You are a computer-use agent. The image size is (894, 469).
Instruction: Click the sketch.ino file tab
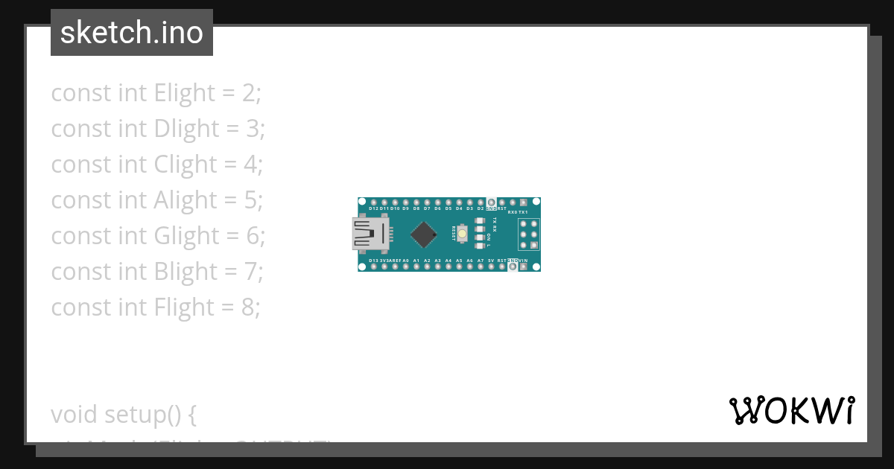tap(132, 33)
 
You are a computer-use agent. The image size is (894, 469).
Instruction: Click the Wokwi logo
tap(792, 410)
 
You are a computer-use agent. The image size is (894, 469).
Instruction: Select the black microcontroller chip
tap(424, 234)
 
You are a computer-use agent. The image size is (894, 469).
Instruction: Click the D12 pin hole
tap(373, 202)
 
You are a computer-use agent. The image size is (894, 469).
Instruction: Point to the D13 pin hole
tap(373, 267)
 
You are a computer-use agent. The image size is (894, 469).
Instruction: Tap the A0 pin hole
tap(405, 267)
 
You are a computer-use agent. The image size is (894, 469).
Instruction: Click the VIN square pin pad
tap(524, 267)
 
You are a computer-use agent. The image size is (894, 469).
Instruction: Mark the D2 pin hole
tap(481, 202)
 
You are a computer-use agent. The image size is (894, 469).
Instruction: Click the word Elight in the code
tap(184, 93)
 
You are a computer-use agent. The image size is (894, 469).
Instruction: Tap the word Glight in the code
tap(186, 236)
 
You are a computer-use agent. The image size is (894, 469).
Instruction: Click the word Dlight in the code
tap(186, 129)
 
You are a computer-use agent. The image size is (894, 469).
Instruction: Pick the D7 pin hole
tap(427, 202)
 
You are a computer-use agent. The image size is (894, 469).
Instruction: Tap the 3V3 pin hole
tap(384, 267)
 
